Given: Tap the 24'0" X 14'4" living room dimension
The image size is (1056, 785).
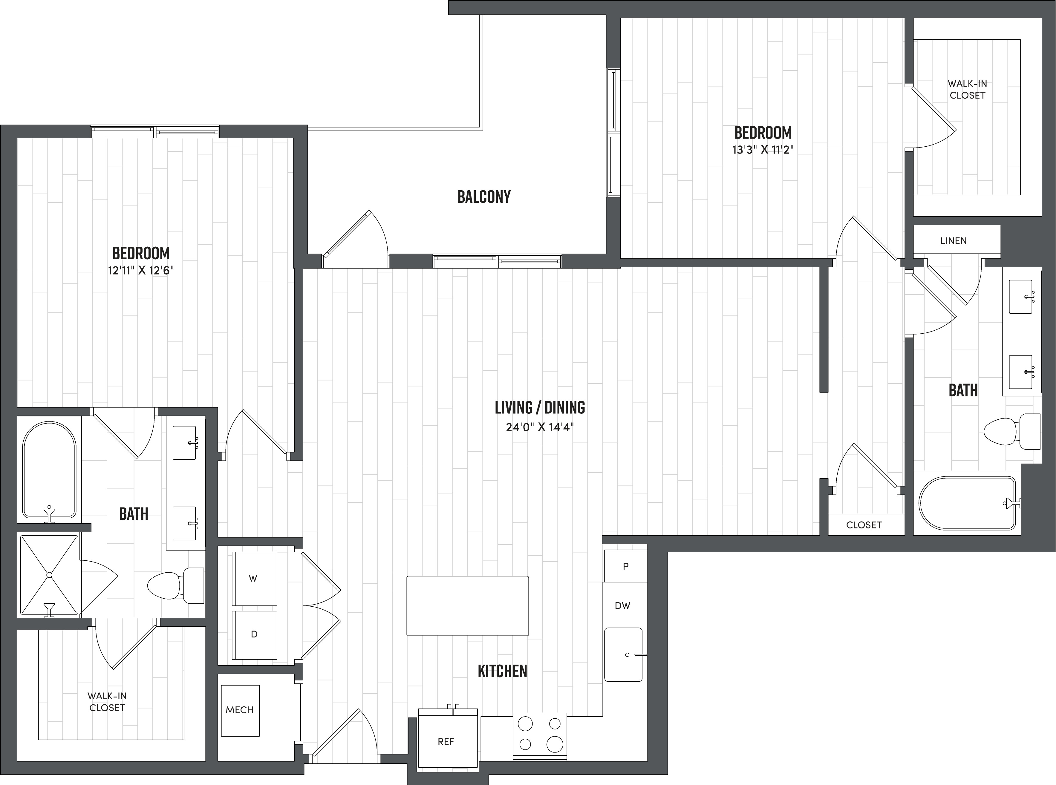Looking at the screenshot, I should pos(539,427).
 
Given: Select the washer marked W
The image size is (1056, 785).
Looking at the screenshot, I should pos(254,578).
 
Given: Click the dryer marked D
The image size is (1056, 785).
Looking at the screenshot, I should pos(254,634).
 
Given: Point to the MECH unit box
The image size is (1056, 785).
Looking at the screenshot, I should pos(240,710).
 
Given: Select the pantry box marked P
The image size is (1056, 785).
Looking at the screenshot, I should pos(625,566).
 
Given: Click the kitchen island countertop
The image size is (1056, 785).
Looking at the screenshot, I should pos(467,605).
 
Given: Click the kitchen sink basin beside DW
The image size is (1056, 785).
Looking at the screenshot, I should pos(623,655).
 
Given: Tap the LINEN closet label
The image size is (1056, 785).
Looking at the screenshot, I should pos(953,241).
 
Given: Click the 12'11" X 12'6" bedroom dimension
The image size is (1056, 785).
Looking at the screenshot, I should pos(141,271).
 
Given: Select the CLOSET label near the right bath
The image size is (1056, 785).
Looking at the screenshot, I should pos(864,525).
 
